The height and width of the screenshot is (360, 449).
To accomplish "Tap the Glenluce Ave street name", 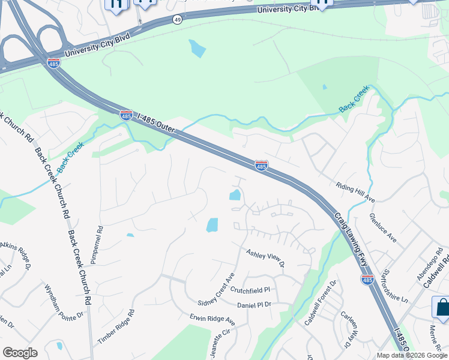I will pos(384,228).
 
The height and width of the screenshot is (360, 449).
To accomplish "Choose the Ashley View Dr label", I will pos(265,256).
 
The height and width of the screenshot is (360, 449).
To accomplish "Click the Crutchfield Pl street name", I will pos(250,290).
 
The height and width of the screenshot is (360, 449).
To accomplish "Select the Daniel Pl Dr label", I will pos(254,305).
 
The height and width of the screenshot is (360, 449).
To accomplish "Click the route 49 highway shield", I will pos(177,20).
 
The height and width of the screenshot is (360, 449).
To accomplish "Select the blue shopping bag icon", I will pos(442,308).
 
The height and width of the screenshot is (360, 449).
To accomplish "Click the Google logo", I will pos(20,353).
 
